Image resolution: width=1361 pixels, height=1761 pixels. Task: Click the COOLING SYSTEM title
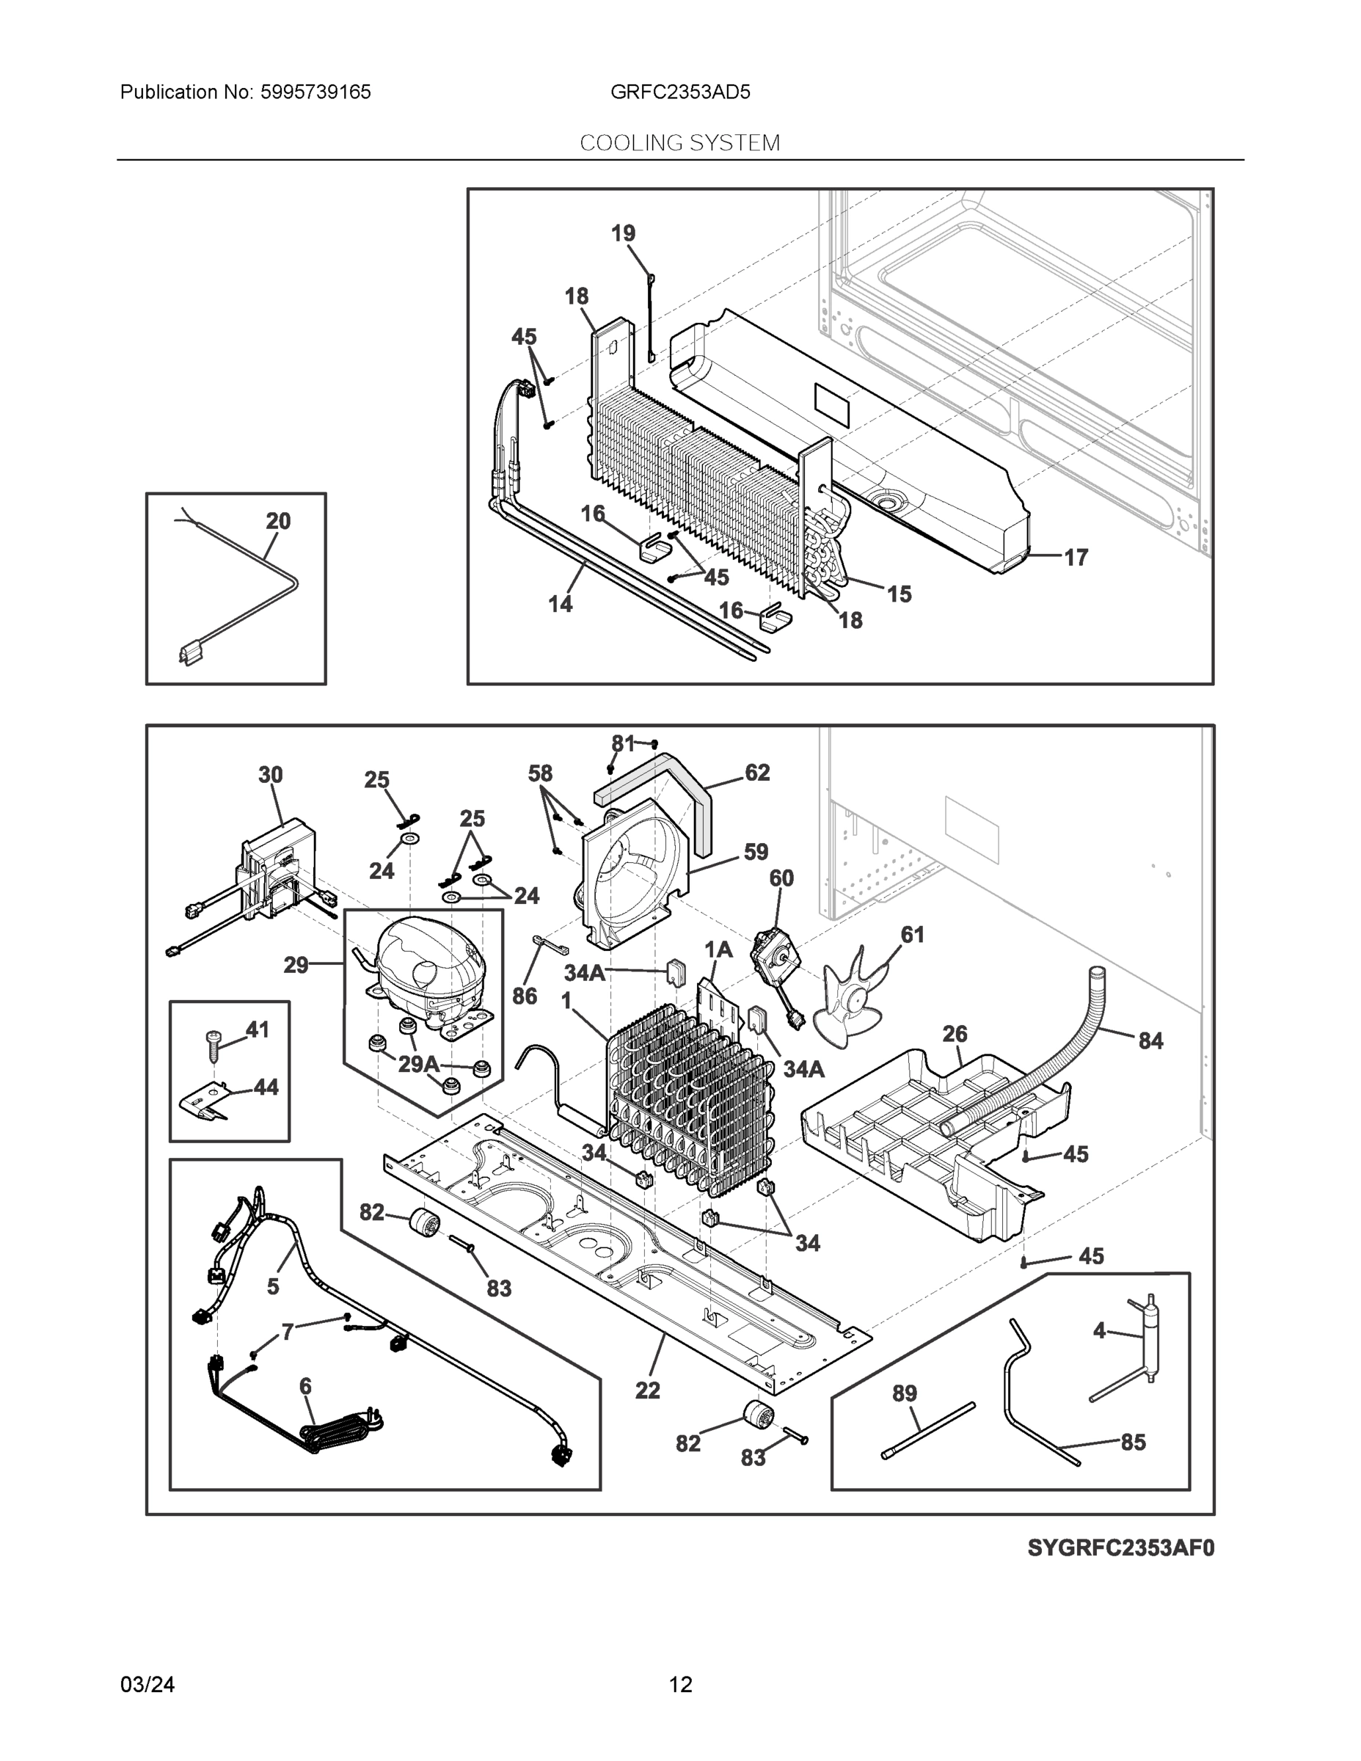tap(679, 143)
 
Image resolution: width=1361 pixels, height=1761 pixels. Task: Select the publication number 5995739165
tap(315, 92)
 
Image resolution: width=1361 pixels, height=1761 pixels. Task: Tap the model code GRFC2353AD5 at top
tap(679, 92)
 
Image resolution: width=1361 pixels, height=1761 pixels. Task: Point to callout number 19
tap(622, 233)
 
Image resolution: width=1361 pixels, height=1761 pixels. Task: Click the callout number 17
tap(1076, 556)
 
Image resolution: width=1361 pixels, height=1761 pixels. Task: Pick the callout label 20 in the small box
tap(278, 521)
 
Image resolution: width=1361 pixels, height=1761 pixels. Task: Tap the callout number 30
tap(270, 775)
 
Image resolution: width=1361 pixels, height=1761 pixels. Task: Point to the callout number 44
tap(266, 1087)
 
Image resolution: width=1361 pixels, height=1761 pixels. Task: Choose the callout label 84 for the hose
tap(1150, 1041)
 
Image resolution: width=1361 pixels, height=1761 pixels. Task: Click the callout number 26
tap(955, 1034)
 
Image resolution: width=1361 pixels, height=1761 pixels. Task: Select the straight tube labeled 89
tap(929, 1429)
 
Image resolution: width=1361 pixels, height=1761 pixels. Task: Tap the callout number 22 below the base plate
tap(647, 1390)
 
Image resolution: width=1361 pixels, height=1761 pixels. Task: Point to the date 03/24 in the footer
tap(147, 1685)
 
